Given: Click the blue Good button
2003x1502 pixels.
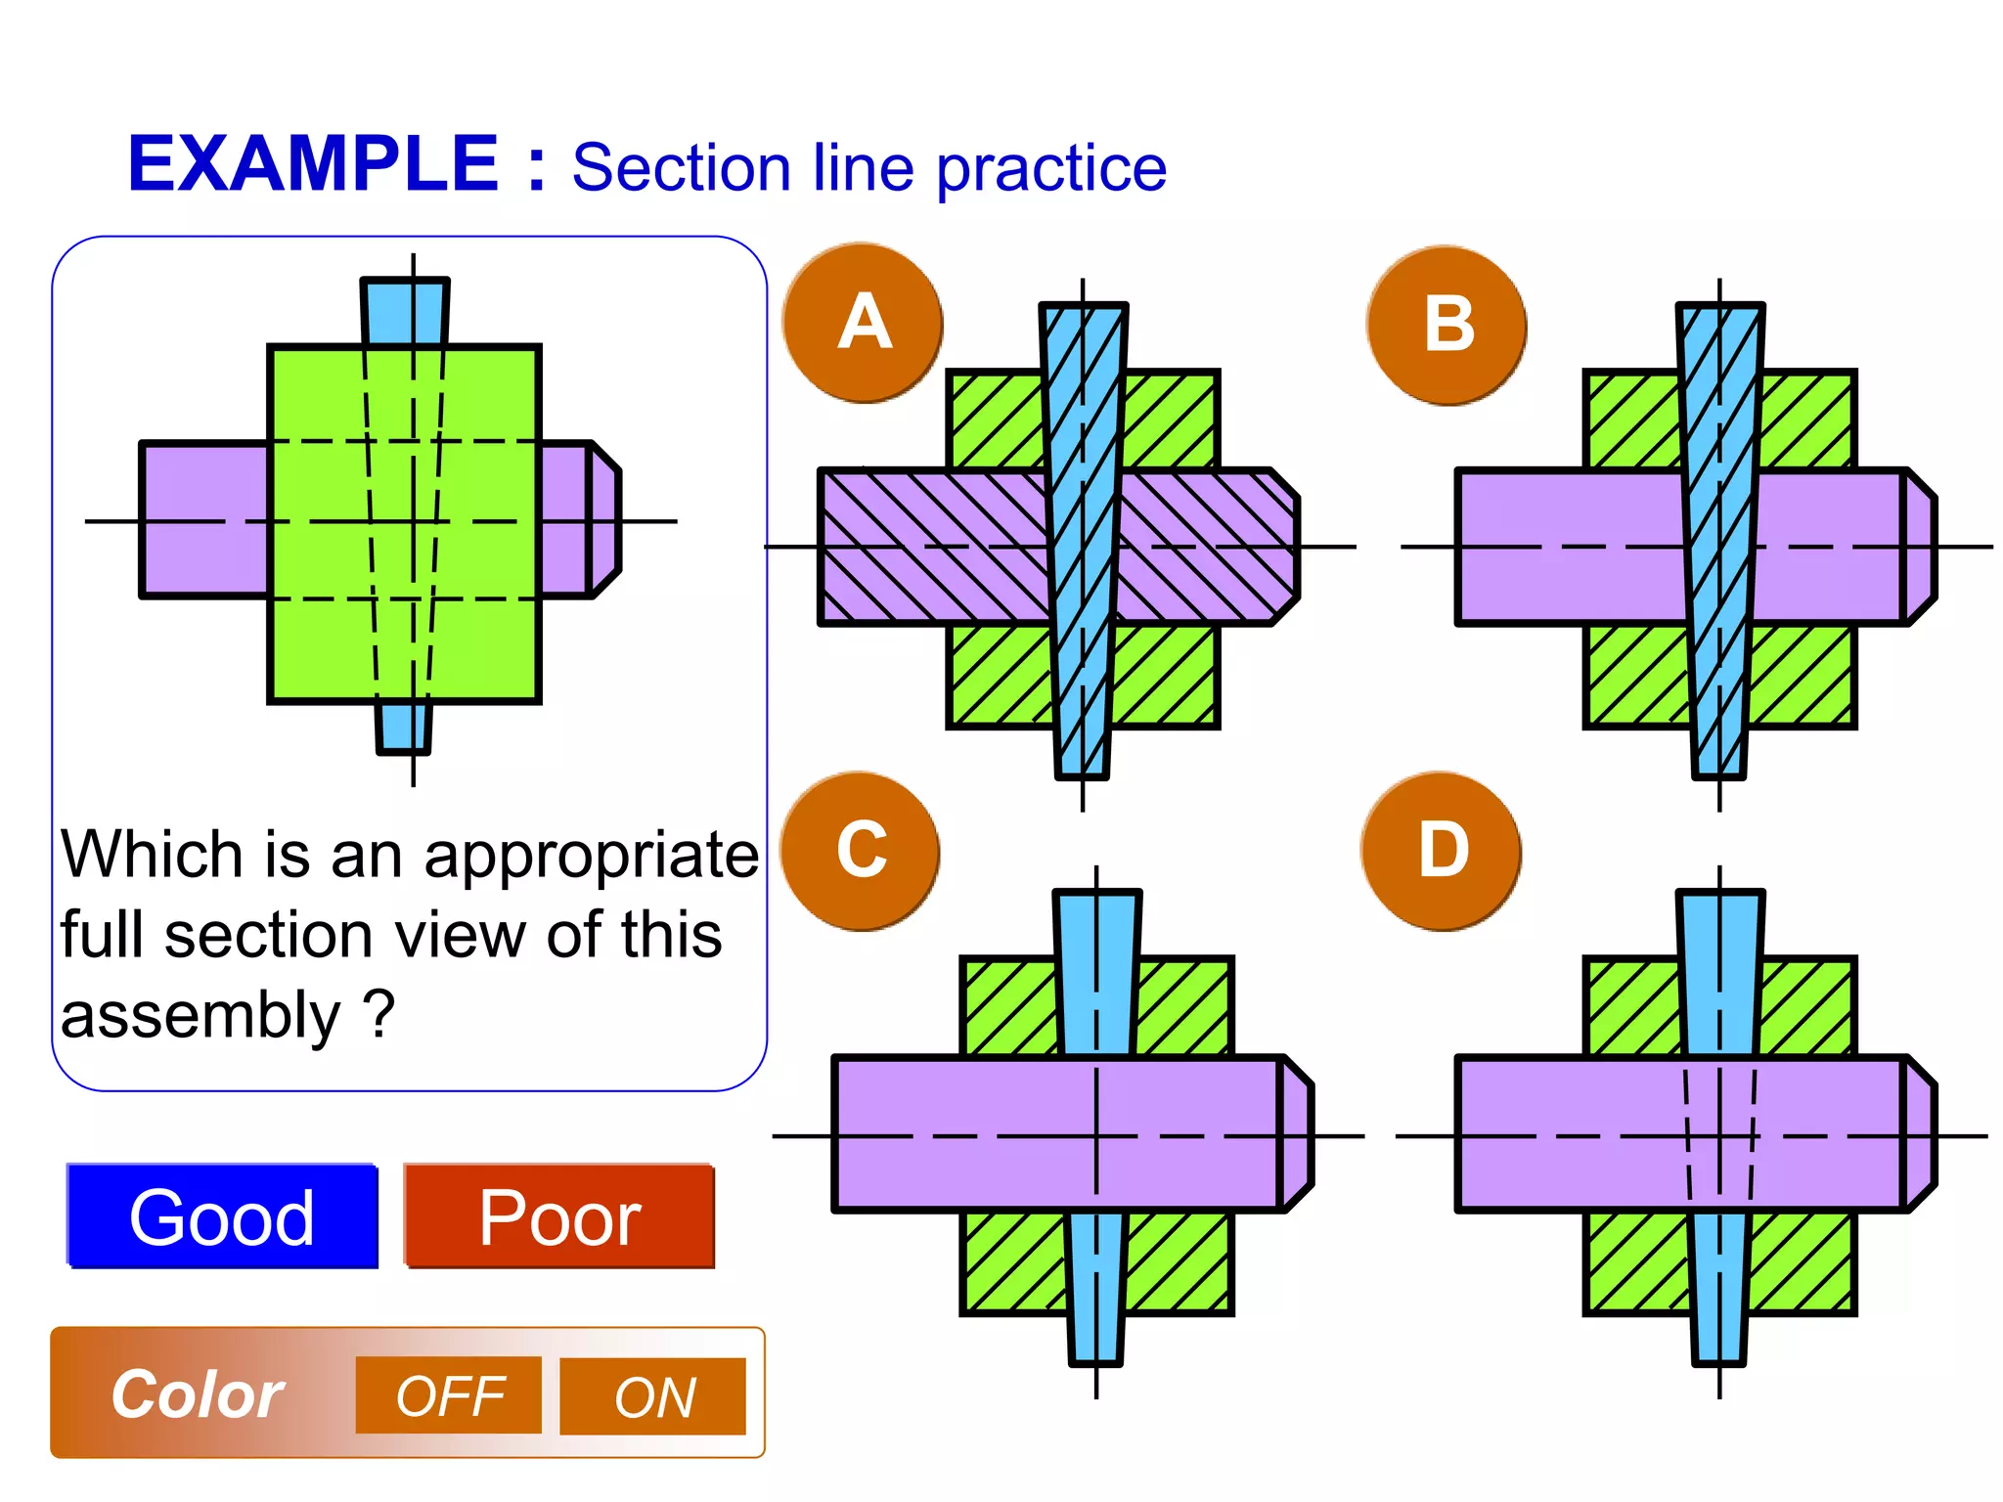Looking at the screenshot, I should coord(222,1216).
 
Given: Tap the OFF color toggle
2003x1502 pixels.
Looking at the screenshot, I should coord(448,1395).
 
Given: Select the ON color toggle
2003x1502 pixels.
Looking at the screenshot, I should coord(652,1396).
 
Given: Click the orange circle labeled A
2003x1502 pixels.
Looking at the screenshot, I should coord(864,323).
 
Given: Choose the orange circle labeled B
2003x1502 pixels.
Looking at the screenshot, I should coord(1447,325).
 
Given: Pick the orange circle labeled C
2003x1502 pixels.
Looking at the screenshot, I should coord(861,851).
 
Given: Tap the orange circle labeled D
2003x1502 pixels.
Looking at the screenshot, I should coord(1442,851).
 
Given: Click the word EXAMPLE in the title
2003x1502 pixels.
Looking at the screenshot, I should coord(313,164).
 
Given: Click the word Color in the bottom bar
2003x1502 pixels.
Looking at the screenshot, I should coord(197,1394).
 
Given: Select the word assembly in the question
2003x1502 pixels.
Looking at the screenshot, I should coord(200,1015).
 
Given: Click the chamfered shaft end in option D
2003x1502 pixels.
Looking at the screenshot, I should coord(1920,1134).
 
